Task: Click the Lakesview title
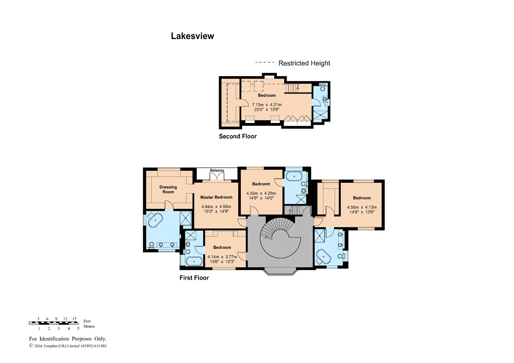click(192, 36)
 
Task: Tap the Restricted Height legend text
click(304, 63)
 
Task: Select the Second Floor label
click(238, 136)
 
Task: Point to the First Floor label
click(194, 278)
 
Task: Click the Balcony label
click(217, 170)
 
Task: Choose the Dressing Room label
click(168, 190)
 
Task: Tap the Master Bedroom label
click(216, 197)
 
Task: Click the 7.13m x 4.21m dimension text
click(267, 105)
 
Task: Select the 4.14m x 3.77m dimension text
click(222, 257)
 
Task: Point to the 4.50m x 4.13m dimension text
click(362, 207)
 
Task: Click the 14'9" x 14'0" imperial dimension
click(261, 198)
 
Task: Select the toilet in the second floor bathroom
click(323, 87)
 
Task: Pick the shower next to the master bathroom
click(185, 218)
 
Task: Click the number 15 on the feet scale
click(74, 319)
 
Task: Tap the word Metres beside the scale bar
click(89, 326)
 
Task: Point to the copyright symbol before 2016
click(31, 345)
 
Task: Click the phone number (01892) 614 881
click(94, 346)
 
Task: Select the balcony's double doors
click(217, 176)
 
